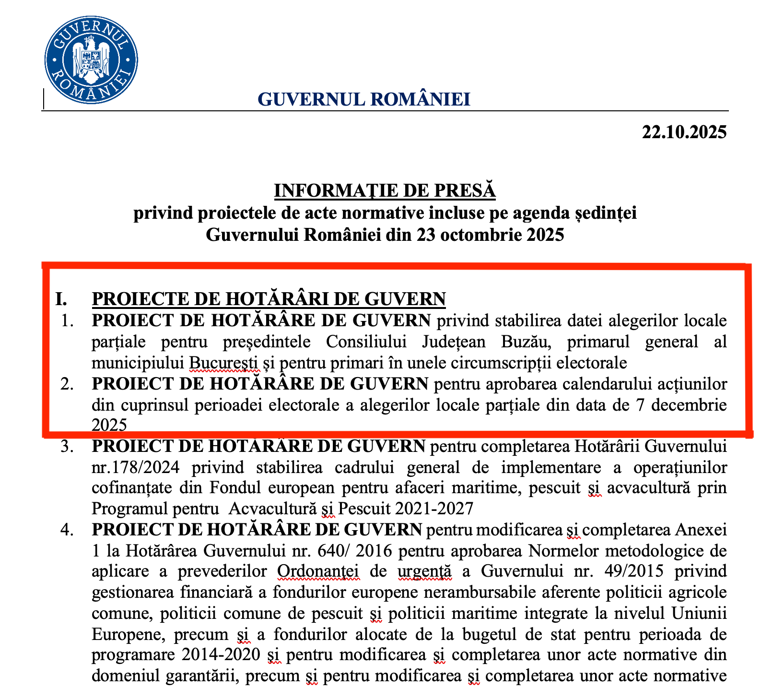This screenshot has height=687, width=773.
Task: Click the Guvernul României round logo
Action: (x=91, y=59)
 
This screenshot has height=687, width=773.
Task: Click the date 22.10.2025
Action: (x=684, y=131)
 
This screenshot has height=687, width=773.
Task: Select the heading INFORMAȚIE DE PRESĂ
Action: (x=385, y=190)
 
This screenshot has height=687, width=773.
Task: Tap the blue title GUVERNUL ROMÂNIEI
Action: (x=364, y=99)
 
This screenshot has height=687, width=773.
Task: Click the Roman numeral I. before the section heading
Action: (x=61, y=299)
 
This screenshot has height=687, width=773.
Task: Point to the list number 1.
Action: (x=68, y=320)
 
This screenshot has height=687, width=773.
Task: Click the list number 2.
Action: (x=68, y=384)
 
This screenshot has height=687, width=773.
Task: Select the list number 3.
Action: (x=68, y=446)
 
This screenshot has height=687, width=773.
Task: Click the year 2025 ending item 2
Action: (x=109, y=425)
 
